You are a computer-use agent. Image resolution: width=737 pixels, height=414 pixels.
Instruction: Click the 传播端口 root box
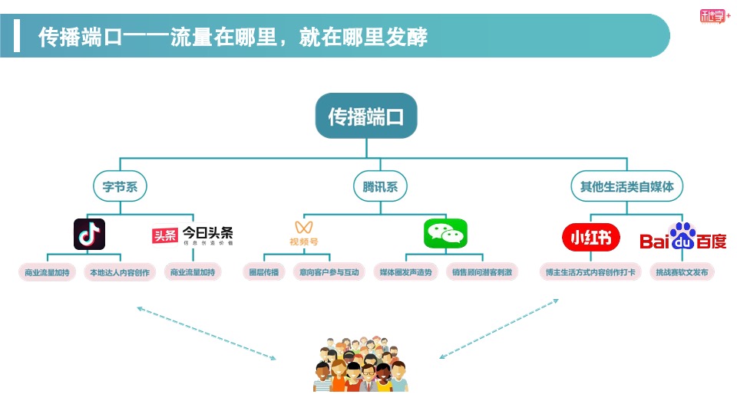(x=365, y=117)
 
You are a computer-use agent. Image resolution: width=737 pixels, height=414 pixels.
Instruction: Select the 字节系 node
(x=120, y=186)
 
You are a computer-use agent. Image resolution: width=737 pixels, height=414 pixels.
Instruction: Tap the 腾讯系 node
(x=381, y=186)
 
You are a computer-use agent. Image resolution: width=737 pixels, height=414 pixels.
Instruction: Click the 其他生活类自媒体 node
(x=626, y=186)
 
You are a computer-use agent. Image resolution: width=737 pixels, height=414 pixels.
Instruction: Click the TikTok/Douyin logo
(x=89, y=234)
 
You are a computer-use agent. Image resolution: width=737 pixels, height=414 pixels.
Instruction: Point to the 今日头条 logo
(x=192, y=235)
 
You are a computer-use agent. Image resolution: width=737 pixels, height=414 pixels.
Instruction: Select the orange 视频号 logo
(x=304, y=234)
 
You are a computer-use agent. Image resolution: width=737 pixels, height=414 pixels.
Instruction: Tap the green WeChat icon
(x=445, y=233)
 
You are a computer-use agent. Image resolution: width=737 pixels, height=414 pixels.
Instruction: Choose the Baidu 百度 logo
(x=682, y=238)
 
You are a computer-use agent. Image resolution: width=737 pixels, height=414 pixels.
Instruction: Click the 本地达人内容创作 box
(x=121, y=272)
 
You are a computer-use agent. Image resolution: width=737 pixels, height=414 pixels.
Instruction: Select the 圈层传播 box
(x=264, y=272)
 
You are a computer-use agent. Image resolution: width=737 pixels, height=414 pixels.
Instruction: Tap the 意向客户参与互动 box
(x=329, y=272)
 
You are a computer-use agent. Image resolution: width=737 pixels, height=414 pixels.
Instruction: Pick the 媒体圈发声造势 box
(x=406, y=272)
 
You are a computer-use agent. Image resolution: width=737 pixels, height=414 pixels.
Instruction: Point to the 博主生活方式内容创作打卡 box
(x=590, y=272)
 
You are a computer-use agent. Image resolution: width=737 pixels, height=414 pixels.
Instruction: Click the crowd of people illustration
(x=361, y=363)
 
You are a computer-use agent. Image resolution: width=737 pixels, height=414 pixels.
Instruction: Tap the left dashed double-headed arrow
(x=206, y=333)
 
